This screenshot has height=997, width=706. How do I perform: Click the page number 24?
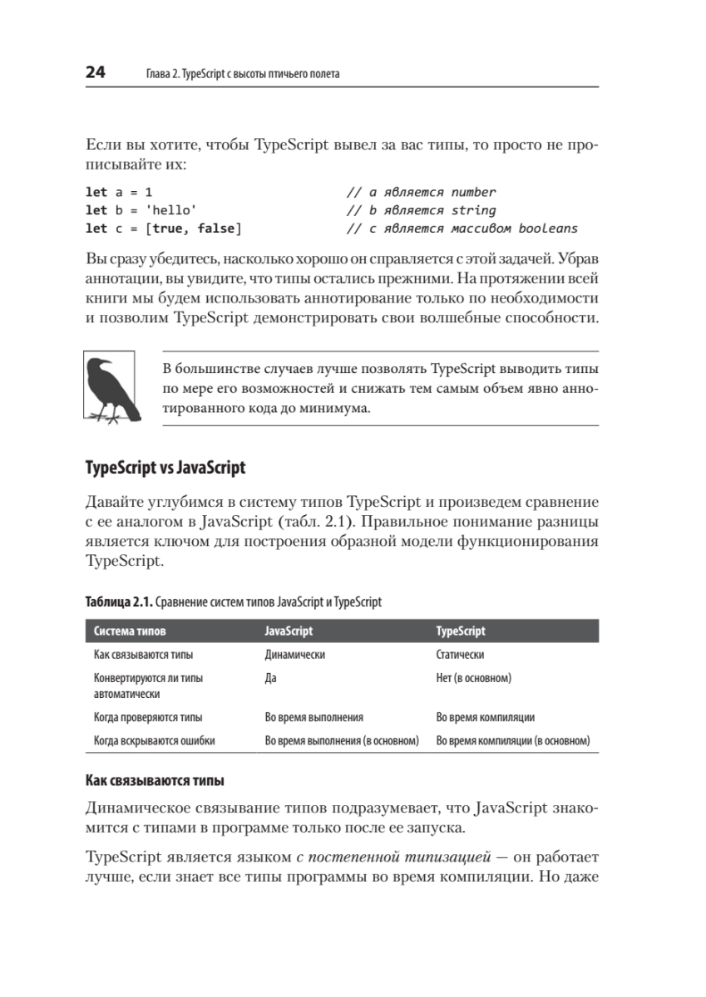point(95,73)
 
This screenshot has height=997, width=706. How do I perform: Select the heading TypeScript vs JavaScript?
point(165,468)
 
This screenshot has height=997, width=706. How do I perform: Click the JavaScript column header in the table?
point(289,631)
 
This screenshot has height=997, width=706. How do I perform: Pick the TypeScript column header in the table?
point(461,631)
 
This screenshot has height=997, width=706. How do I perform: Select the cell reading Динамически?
point(294,655)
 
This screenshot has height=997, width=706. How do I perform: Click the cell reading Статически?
point(460,655)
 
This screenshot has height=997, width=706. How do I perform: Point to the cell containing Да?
point(270,678)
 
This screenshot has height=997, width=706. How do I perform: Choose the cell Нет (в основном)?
point(473,678)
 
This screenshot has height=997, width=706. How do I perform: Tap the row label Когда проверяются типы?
point(148,716)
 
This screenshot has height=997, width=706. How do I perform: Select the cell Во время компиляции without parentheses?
point(485,716)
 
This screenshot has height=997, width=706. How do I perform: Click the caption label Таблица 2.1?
point(119,602)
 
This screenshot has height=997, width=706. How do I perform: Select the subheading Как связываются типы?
point(156,782)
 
